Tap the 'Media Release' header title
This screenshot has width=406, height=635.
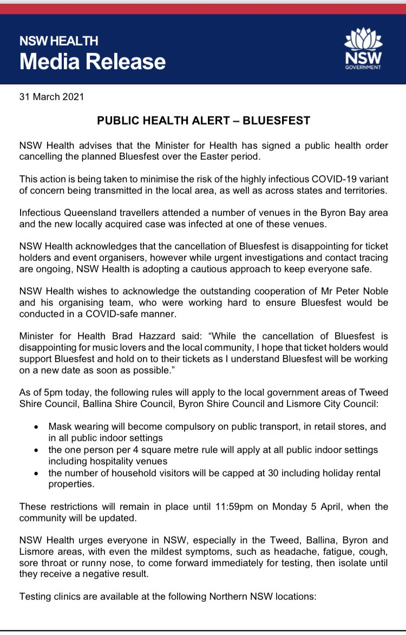(93, 62)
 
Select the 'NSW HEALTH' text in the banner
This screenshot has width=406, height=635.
(59, 41)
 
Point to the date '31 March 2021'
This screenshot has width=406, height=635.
(52, 97)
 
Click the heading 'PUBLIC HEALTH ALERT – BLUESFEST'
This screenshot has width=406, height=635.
(204, 121)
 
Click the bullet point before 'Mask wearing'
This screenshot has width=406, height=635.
(35, 427)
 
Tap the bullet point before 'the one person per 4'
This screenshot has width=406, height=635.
(35, 450)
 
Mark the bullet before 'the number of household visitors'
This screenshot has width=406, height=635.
(35, 474)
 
